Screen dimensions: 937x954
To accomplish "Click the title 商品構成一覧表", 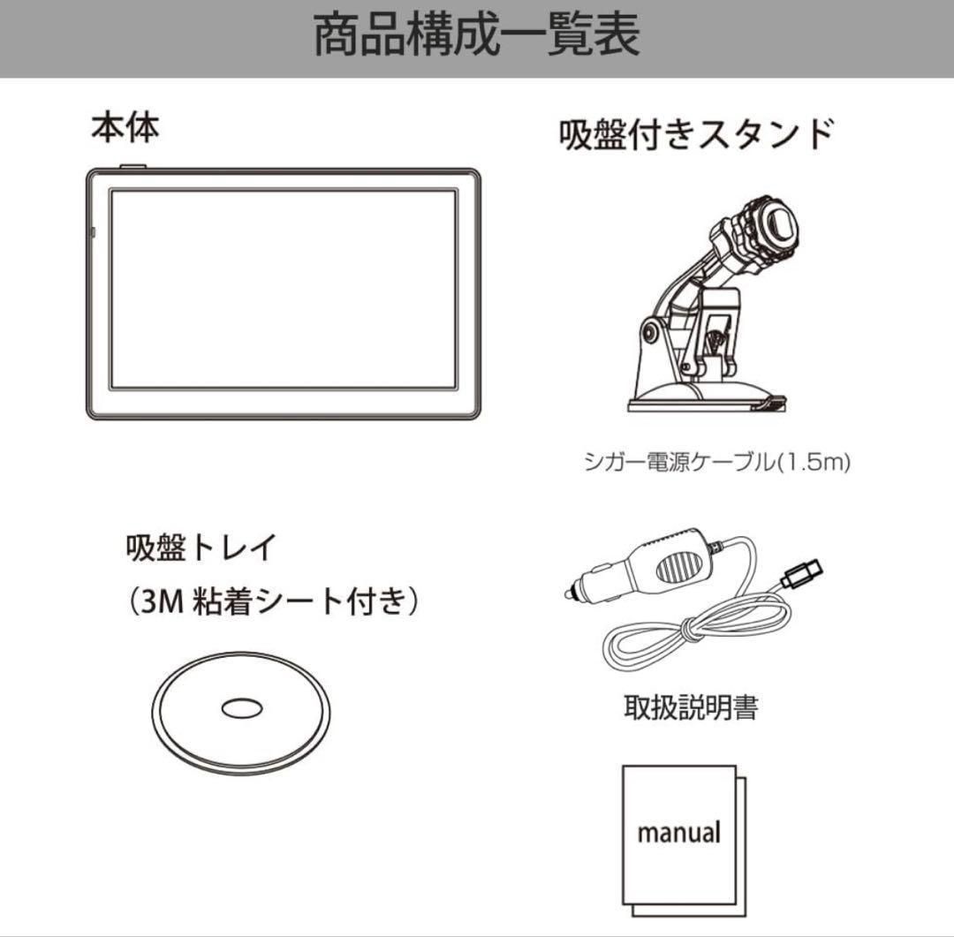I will (x=477, y=37).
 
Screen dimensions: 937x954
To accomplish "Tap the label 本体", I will (x=125, y=128).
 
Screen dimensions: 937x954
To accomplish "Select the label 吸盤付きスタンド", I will (x=696, y=134).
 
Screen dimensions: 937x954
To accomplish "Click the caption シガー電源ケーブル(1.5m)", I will (x=716, y=462).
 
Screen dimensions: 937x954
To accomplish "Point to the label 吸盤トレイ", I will (x=201, y=548).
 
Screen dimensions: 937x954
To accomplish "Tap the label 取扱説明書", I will (x=690, y=707).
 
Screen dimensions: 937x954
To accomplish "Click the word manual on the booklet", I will (x=678, y=832).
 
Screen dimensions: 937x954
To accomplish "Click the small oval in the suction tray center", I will (x=240, y=707).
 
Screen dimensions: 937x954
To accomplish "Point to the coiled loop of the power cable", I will (x=671, y=640).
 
